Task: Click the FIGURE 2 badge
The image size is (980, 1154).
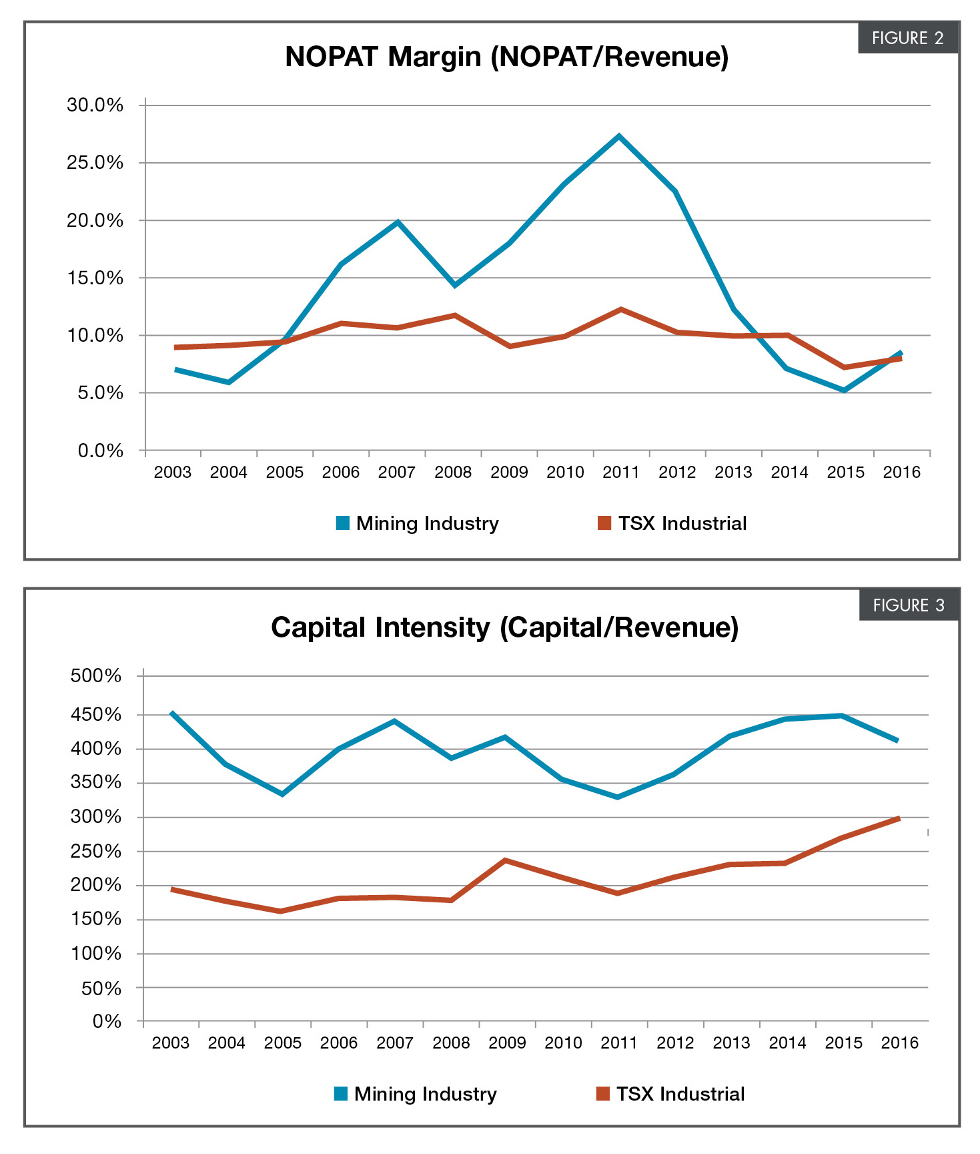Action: [x=907, y=38]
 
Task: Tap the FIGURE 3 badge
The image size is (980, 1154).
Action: [x=909, y=605]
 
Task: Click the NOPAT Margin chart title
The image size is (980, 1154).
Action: [x=506, y=57]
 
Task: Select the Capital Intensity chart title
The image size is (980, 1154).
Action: [x=504, y=627]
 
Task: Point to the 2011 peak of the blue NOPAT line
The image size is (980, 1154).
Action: [x=620, y=136]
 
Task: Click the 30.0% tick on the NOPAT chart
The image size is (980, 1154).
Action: [x=95, y=105]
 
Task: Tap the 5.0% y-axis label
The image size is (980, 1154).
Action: [x=100, y=393]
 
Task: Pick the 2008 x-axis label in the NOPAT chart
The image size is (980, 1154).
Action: [x=453, y=473]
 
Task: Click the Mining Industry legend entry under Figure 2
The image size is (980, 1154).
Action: [x=418, y=523]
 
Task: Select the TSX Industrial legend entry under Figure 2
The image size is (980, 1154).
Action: [x=672, y=523]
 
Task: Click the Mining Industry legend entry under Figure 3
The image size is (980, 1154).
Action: [x=416, y=1094]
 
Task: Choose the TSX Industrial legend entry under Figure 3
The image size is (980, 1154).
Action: [x=670, y=1094]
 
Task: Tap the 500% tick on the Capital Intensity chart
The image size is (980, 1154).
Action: [x=96, y=676]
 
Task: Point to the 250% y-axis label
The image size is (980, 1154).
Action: [x=96, y=852]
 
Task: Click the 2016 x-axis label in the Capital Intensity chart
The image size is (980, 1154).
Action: [x=899, y=1043]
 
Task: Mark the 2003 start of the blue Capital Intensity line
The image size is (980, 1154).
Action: [x=172, y=713]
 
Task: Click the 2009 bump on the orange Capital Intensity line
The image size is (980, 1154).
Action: [x=506, y=860]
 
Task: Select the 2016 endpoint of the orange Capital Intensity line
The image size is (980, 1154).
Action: [x=899, y=819]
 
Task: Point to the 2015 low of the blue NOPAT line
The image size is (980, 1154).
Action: [x=845, y=390]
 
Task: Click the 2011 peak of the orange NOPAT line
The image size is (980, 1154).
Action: [x=621, y=310]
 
